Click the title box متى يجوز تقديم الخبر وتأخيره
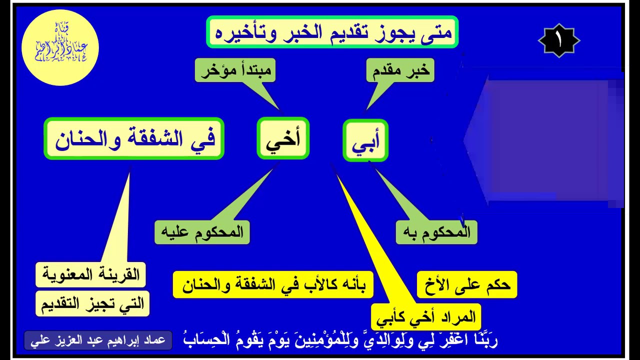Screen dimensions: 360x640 [332, 32]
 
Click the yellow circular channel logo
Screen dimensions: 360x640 [60, 47]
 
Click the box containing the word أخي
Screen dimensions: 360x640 [283, 139]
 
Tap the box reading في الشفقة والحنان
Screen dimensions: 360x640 [134, 139]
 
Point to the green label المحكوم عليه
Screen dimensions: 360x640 [202, 232]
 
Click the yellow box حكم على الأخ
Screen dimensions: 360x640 [466, 285]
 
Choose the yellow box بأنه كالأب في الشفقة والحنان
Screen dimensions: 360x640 [273, 285]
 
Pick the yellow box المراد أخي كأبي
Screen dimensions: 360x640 [426, 317]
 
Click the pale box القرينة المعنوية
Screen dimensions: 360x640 [90, 274]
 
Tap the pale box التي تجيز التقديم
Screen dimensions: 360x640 [92, 303]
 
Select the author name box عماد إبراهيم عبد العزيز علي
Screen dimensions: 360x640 [98, 341]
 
